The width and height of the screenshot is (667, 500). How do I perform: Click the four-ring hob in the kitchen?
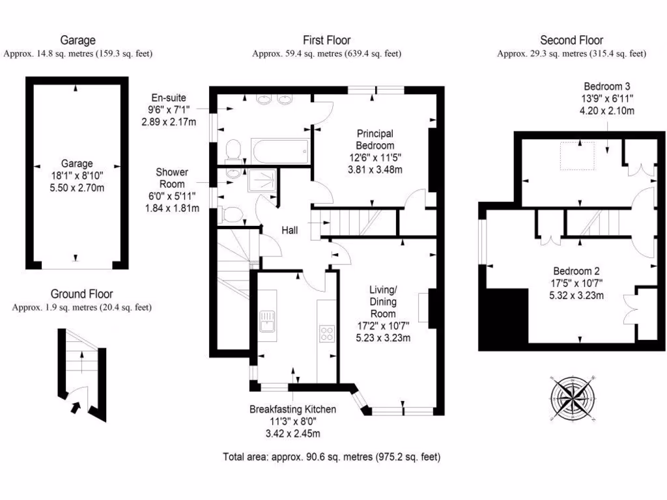[326, 333]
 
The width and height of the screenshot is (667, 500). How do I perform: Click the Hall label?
[290, 230]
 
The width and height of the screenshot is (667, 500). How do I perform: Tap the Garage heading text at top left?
[78, 40]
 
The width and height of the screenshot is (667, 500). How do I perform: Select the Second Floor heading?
[571, 40]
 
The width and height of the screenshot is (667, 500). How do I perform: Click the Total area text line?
[332, 457]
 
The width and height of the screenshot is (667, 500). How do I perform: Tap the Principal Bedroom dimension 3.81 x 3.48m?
[375, 170]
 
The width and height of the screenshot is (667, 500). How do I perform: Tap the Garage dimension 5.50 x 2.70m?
[78, 188]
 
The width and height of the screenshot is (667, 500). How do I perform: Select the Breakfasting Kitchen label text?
[292, 410]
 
